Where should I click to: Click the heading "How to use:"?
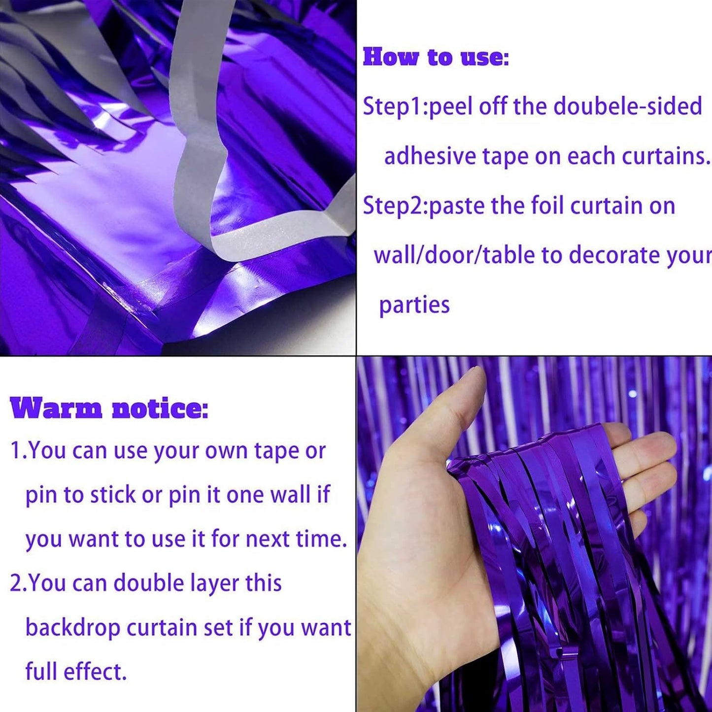coord(436,57)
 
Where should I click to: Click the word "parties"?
coord(414,305)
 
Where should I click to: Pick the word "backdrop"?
coord(72,628)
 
